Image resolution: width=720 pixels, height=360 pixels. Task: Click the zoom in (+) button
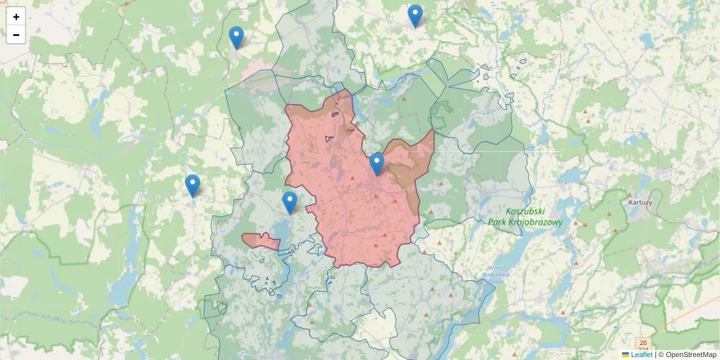coord(16,17)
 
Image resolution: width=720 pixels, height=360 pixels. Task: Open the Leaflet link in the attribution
coord(641,355)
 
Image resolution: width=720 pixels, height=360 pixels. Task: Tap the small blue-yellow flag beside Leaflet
coord(625,355)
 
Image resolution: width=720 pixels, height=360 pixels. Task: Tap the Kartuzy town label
coord(640,202)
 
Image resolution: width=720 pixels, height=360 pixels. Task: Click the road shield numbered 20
coord(643,343)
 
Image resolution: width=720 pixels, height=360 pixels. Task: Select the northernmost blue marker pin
coord(415,15)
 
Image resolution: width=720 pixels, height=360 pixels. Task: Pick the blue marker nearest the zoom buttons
coord(236,37)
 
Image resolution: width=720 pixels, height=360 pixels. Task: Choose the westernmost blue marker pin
coord(192,185)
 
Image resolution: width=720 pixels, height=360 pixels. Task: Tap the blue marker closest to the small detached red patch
coord(289,202)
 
